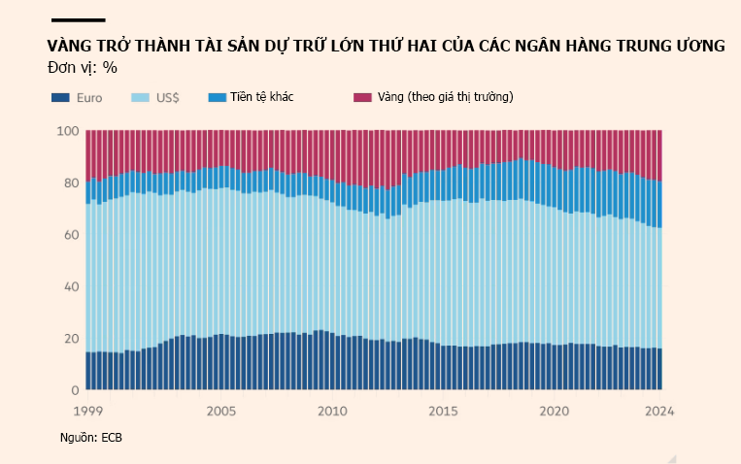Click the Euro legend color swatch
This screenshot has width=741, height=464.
[x=60, y=97]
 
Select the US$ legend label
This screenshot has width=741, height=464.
[x=166, y=97]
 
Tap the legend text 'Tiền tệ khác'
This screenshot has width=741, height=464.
[x=262, y=97]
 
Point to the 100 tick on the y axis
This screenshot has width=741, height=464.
[x=67, y=131]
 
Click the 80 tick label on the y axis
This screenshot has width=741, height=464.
[x=70, y=182]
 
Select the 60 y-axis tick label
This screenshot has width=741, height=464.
[x=70, y=235]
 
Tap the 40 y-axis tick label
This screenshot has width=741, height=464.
[x=70, y=286]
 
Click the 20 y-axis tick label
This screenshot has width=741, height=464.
[x=70, y=339]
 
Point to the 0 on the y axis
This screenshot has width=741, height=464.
[x=74, y=390]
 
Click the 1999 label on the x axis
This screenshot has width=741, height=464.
[x=88, y=411]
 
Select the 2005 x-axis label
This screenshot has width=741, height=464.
[x=221, y=411]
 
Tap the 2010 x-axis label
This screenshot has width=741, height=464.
[x=332, y=411]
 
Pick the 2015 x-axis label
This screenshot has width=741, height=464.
[x=443, y=411]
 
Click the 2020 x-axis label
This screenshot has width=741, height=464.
[x=554, y=411]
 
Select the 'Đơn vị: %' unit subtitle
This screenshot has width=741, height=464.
[x=82, y=67]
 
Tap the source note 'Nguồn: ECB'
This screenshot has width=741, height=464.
[x=91, y=439]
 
